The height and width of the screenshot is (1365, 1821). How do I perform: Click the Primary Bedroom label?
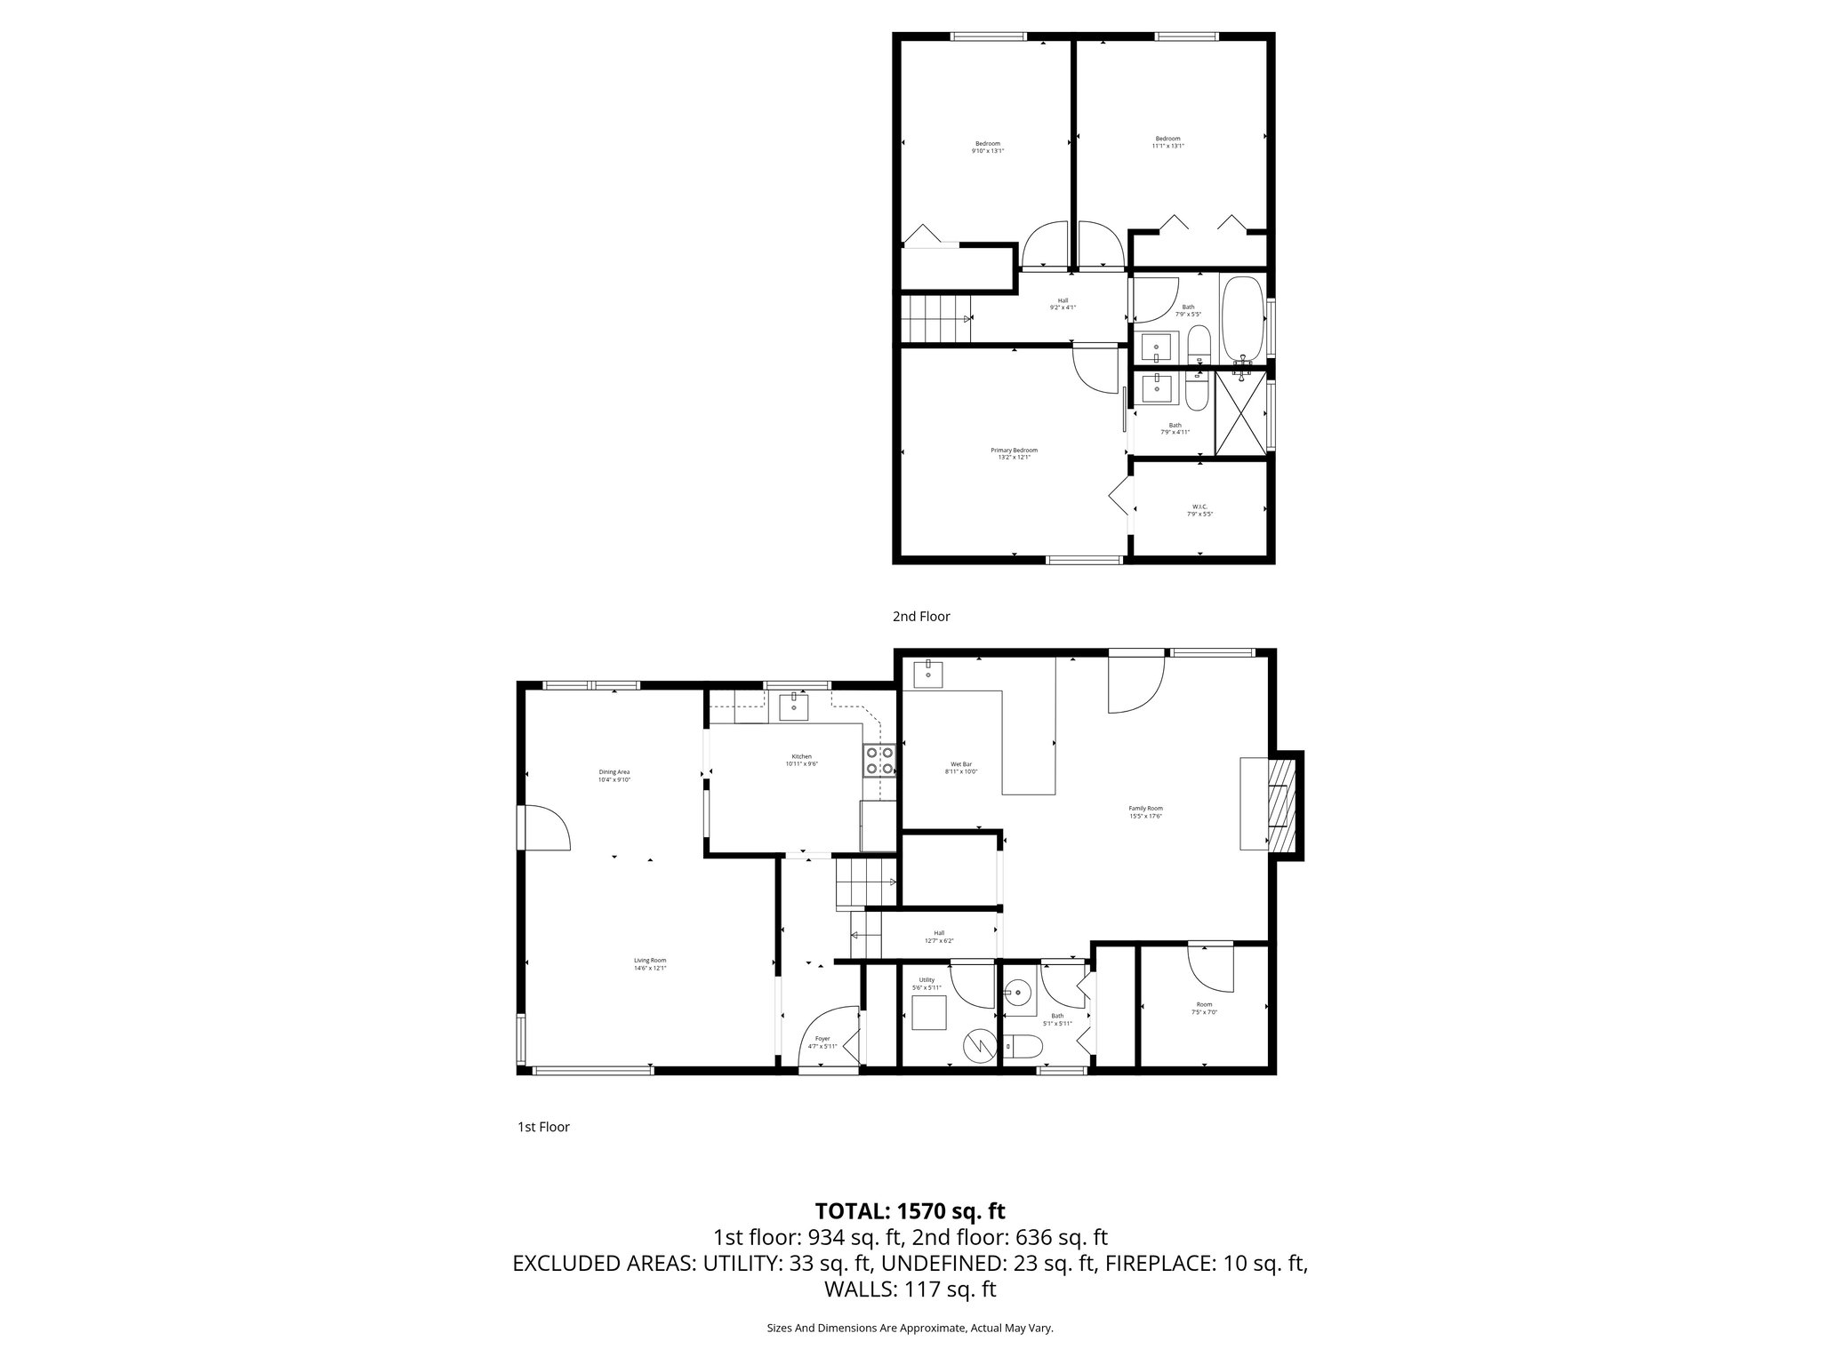[x=1014, y=453]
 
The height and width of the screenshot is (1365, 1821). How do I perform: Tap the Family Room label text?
[x=1145, y=812]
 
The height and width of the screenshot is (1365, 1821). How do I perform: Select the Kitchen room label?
[x=801, y=760]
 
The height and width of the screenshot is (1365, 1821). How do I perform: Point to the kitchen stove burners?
[x=878, y=761]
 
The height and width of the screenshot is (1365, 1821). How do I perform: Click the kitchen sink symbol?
[x=793, y=708]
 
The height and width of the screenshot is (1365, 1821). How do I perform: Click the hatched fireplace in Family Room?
[x=1280, y=805]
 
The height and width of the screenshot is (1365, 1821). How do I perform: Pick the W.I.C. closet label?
[x=1199, y=511]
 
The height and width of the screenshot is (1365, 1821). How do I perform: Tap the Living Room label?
[x=650, y=964]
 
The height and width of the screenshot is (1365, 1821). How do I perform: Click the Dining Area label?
[x=614, y=776]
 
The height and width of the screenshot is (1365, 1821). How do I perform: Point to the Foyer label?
[x=822, y=1042]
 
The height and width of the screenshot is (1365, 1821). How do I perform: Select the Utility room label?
[x=927, y=984]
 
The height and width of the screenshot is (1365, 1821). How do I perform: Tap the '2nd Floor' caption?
[x=921, y=616]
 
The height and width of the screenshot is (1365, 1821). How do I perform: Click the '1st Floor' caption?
[x=543, y=1127]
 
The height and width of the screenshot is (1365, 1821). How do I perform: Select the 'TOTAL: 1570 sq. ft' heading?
[x=910, y=1210]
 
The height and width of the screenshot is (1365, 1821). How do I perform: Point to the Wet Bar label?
[x=960, y=768]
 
